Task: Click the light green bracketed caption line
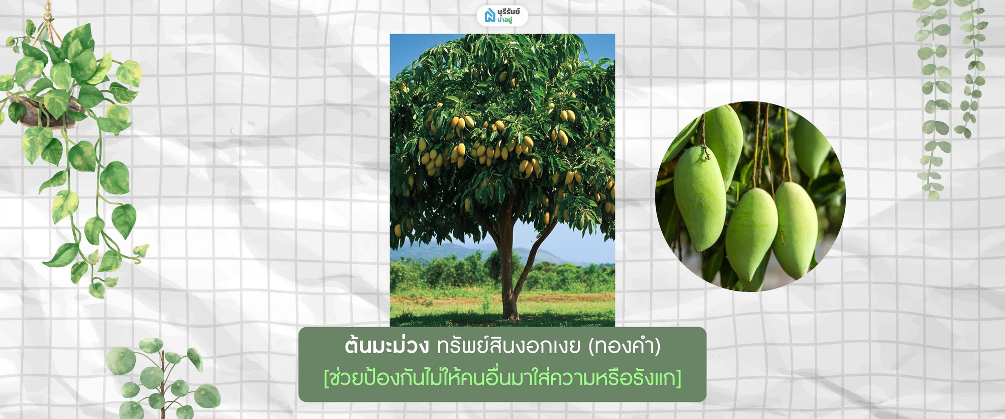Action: (x=502, y=378)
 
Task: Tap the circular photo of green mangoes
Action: (x=750, y=196)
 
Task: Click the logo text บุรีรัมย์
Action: (x=509, y=12)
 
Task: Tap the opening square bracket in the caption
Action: (x=327, y=378)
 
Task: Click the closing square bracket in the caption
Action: (x=678, y=378)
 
